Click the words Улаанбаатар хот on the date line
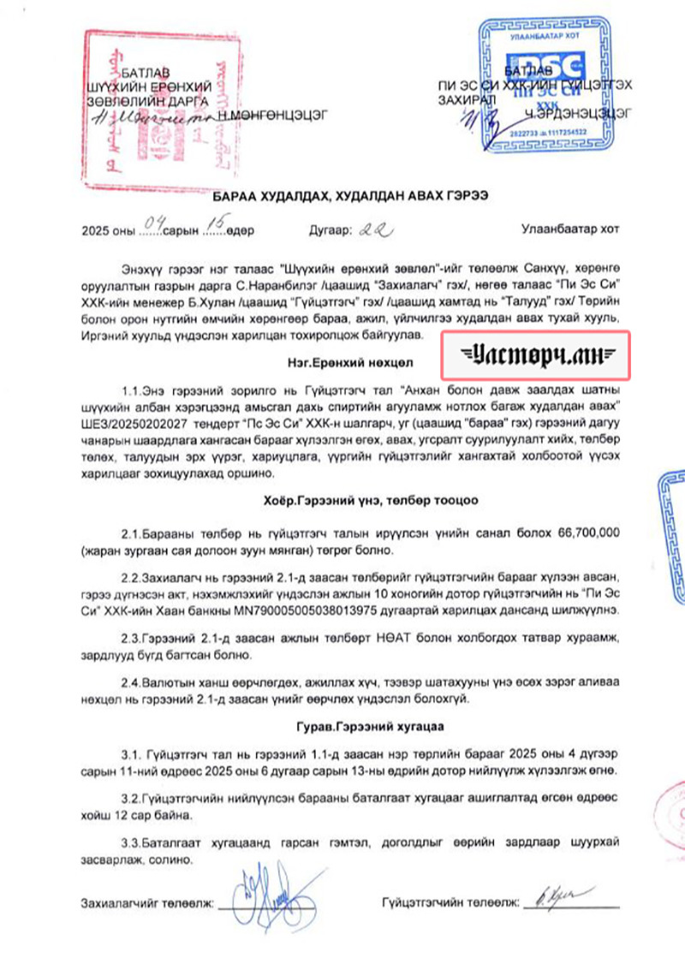tap(568, 229)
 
